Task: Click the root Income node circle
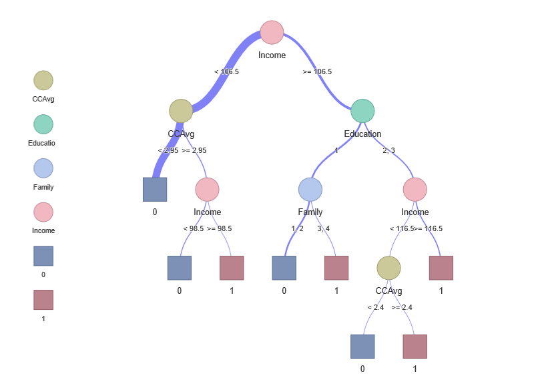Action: pyautogui.click(x=272, y=33)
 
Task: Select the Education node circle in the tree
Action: pyautogui.click(x=362, y=112)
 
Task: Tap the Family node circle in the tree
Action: pyautogui.click(x=310, y=190)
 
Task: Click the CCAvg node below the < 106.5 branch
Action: pyautogui.click(x=181, y=112)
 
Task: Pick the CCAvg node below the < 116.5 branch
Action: pyautogui.click(x=388, y=268)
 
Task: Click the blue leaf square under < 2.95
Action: pyautogui.click(x=155, y=190)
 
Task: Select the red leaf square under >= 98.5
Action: pyautogui.click(x=232, y=268)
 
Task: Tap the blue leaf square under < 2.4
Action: pyautogui.click(x=362, y=347)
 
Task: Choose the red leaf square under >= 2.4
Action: pyautogui.click(x=415, y=347)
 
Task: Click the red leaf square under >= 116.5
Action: pyautogui.click(x=441, y=268)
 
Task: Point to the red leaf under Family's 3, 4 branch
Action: pyautogui.click(x=336, y=268)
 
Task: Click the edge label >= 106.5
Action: pyautogui.click(x=317, y=71)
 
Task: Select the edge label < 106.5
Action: pyautogui.click(x=226, y=71)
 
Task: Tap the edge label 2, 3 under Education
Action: pyautogui.click(x=388, y=150)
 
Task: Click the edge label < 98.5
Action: pyautogui.click(x=194, y=228)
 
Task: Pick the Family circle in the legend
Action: pyautogui.click(x=43, y=168)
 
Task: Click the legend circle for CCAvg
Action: pyautogui.click(x=43, y=81)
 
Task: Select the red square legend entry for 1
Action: pyautogui.click(x=43, y=300)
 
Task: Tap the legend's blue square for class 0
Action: pyautogui.click(x=43, y=256)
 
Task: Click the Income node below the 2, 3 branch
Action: pyautogui.click(x=415, y=190)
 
